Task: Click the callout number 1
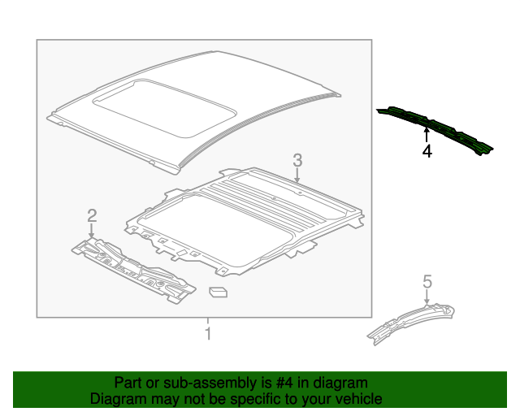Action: pos(208,333)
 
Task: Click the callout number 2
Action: pos(92,215)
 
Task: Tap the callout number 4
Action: pos(427,151)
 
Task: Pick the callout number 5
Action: pos(427,282)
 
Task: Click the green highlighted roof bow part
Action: pos(434,129)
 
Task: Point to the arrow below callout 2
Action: pos(92,231)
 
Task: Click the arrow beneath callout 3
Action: pos(297,174)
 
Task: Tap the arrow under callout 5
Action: pos(427,297)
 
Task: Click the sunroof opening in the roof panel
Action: pos(162,106)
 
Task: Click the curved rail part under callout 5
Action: pos(410,320)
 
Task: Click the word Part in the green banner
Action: pos(128,383)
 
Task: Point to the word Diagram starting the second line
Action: pos(118,399)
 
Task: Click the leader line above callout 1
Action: pos(208,321)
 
